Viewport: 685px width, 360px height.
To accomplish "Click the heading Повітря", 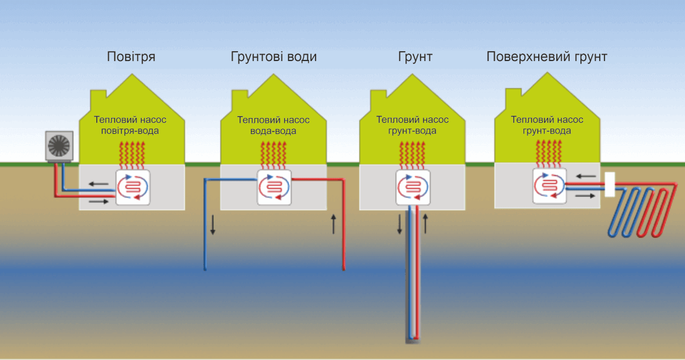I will [x=131, y=57].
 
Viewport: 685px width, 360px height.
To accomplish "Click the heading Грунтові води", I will [x=274, y=57].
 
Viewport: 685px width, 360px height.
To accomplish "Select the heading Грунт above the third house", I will [x=415, y=57].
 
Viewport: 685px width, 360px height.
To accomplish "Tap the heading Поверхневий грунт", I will [x=546, y=57].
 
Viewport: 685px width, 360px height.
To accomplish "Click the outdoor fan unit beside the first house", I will [x=59, y=146].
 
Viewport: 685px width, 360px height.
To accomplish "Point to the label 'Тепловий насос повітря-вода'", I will [x=130, y=125].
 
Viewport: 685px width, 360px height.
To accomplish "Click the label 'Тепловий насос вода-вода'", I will [x=273, y=125].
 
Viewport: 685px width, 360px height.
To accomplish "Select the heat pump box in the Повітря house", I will [x=133, y=187].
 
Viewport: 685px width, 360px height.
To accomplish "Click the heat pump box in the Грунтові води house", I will [x=274, y=187].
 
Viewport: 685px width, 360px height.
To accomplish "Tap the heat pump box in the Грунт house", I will [x=413, y=187].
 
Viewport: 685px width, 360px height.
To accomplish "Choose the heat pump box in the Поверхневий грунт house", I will [x=549, y=186].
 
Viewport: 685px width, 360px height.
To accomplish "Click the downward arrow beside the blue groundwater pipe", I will [x=213, y=225].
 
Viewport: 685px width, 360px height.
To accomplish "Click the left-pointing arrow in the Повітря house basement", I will [x=98, y=184].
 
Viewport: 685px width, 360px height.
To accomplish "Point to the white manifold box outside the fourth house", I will [x=609, y=184].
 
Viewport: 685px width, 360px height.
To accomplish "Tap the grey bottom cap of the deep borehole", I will [x=413, y=339].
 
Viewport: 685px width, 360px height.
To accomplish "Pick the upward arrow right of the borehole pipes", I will [x=427, y=224].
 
